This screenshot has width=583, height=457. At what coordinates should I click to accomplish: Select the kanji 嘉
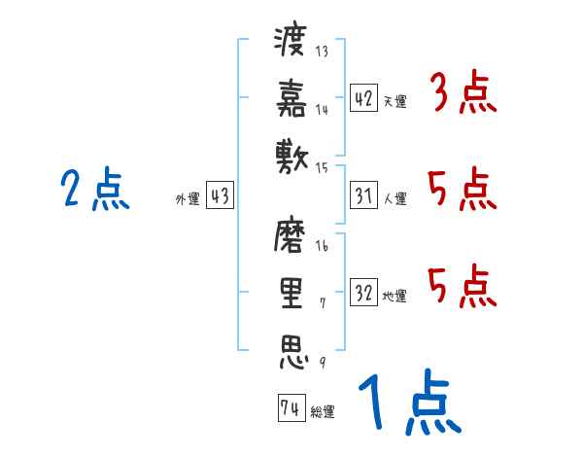tap(291, 98)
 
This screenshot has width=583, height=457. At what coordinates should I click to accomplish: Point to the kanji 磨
tap(290, 235)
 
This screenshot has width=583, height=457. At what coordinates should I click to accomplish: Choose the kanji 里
tap(291, 294)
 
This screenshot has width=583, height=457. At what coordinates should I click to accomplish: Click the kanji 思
tap(293, 352)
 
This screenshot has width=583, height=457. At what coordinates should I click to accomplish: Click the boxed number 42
tap(363, 97)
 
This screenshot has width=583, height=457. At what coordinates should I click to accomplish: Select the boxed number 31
tap(363, 195)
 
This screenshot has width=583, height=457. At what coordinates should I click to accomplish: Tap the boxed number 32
tap(363, 292)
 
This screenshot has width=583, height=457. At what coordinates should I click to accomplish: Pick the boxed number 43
tap(220, 194)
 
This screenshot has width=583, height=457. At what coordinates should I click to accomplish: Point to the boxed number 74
tap(291, 407)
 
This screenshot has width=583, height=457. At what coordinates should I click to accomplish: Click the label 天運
tap(395, 101)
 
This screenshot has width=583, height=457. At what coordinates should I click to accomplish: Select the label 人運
tap(395, 198)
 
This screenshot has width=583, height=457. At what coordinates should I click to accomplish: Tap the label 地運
tap(394, 296)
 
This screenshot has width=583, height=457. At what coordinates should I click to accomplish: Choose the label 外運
tap(188, 198)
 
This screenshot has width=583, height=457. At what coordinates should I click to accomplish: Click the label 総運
tap(323, 411)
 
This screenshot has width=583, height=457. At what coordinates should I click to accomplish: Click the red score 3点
tap(463, 91)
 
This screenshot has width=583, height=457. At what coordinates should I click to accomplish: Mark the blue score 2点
tap(95, 189)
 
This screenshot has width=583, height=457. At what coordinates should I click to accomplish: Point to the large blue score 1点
tap(410, 402)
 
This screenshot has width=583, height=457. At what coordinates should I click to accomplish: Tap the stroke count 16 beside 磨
tap(322, 246)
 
